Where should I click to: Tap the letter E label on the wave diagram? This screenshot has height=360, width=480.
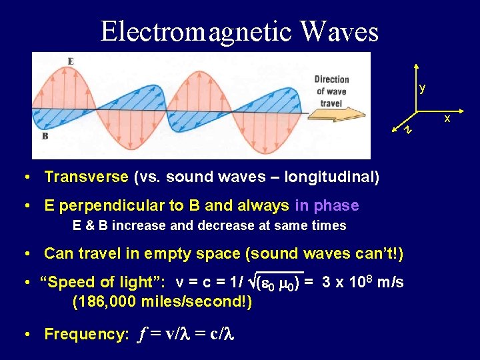71,61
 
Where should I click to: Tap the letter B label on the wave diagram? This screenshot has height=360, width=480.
45,136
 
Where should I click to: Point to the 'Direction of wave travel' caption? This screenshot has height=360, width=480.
331,91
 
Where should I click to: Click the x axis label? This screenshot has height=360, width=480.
447,118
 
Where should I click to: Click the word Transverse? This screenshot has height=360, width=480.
86,177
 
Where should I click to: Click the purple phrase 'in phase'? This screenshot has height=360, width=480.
327,205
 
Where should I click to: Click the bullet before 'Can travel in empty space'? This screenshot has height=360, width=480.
25,253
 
